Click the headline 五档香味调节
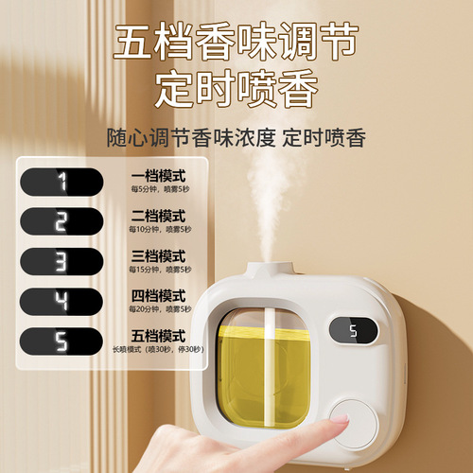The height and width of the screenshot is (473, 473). [236, 43]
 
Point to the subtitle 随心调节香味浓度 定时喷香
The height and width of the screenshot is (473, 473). [236, 139]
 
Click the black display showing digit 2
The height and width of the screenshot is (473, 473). [61, 222]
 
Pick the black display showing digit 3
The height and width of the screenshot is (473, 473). [61, 262]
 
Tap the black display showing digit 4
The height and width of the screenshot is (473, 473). [61, 302]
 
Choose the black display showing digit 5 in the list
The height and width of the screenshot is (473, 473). [61, 342]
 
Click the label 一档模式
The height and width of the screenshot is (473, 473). [159, 176]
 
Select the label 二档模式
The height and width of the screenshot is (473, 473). [159, 215]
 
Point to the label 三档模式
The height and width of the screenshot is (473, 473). [159, 255]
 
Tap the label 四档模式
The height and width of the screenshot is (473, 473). [159, 294]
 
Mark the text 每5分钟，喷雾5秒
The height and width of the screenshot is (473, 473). [159, 190]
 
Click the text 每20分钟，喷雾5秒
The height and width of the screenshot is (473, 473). [159, 308]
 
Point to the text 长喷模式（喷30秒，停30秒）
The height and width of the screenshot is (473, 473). [159, 348]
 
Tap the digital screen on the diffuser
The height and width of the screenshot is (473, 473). [353, 331]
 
